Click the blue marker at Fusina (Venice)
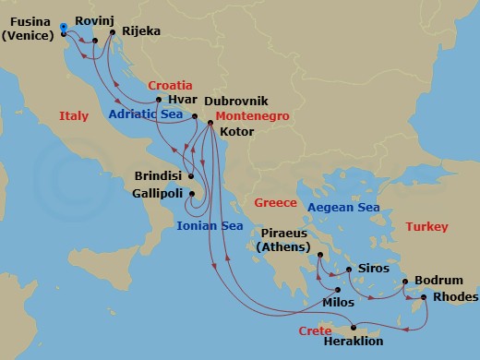coord(62,28)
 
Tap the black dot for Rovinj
coord(95,41)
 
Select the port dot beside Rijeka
coord(112,32)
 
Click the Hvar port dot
coord(160,100)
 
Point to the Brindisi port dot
coord(191,176)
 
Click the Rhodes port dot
coord(424,297)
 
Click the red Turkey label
coord(426,226)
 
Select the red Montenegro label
coord(251,116)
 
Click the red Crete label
coord(315,330)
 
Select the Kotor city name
coord(237,132)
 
